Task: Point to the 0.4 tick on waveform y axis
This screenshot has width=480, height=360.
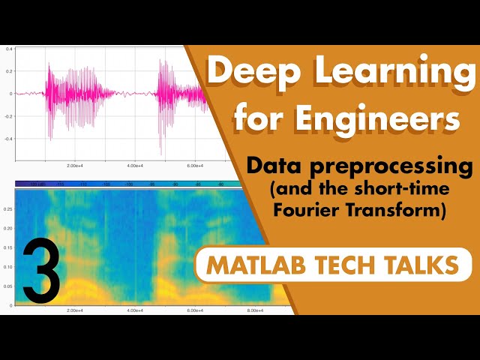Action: coord(9,49)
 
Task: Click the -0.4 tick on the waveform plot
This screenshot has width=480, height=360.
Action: coord(8,139)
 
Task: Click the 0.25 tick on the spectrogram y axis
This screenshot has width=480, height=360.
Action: coord(8,210)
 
